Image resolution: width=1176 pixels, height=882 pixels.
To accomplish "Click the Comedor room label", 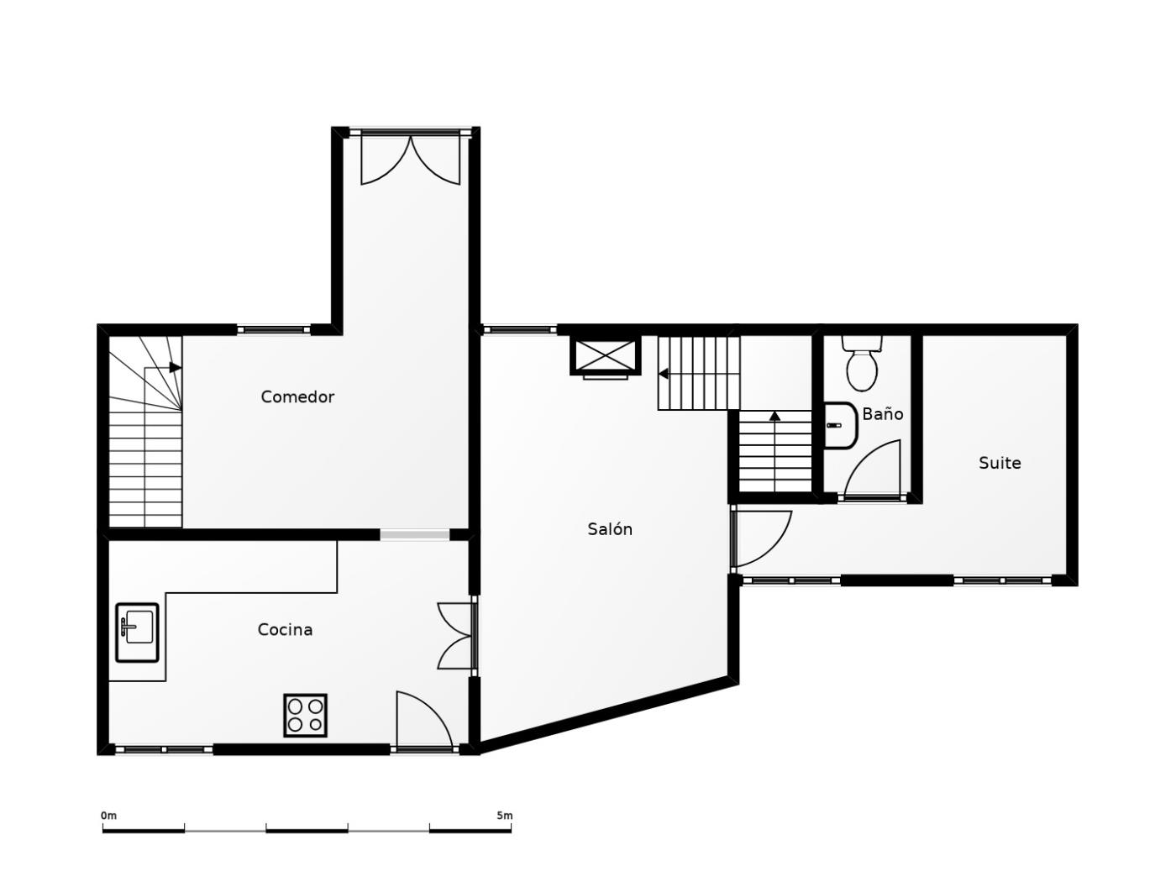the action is coord(297,396).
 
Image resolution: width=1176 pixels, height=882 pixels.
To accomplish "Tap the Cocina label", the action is coord(285,630).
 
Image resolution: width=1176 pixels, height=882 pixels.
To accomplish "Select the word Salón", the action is coord(610,529).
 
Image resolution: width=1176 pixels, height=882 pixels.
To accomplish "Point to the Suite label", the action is coord(1000,463).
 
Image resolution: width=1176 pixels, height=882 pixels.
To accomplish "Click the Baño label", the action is coord(882,413).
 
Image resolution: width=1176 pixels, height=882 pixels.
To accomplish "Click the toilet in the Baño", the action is coord(862,363).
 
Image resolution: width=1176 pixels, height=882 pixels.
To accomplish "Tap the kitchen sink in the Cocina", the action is coord(137,633).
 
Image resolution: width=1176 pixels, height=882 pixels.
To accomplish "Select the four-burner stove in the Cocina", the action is coord(306,716).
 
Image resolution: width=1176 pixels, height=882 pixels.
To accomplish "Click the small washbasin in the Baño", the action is coord(840,426).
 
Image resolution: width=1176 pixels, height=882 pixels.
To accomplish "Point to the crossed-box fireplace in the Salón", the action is coord(605,356).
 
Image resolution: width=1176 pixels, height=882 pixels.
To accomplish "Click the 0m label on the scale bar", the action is coord(108,816).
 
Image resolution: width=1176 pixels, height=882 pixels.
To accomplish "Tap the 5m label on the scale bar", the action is coord(505,816).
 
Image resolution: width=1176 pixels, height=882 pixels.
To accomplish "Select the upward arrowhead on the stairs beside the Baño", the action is coord(774,416).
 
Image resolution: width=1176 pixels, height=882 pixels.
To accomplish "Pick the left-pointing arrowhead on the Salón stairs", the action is coord(664,374).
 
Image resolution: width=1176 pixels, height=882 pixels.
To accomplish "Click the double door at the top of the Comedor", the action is coord(411,158).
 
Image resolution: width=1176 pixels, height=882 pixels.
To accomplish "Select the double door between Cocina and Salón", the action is coord(455,636).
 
